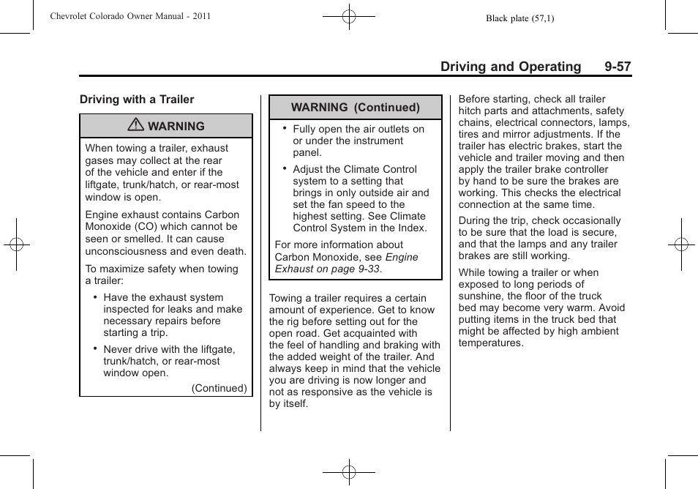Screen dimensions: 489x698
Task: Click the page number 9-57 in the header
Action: pos(618,67)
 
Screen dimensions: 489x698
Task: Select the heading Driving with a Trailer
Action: pos(137,100)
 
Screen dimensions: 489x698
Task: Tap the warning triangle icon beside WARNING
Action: pos(135,126)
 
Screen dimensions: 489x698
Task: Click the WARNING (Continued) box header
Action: pos(356,107)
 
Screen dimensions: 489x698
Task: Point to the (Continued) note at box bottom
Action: pos(219,388)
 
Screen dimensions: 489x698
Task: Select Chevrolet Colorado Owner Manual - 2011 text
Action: pos(130,16)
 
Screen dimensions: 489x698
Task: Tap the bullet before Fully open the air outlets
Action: pos(285,127)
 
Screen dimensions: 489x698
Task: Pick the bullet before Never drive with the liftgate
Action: pos(95,348)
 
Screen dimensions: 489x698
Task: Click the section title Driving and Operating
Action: pos(511,67)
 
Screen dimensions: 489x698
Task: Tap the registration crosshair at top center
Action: pos(349,15)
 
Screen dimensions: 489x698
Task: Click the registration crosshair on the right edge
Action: pos(680,244)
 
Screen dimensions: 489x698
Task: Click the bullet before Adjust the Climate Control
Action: pos(285,168)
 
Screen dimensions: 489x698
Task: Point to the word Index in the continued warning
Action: pos(410,228)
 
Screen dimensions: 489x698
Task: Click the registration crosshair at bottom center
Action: pos(349,473)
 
